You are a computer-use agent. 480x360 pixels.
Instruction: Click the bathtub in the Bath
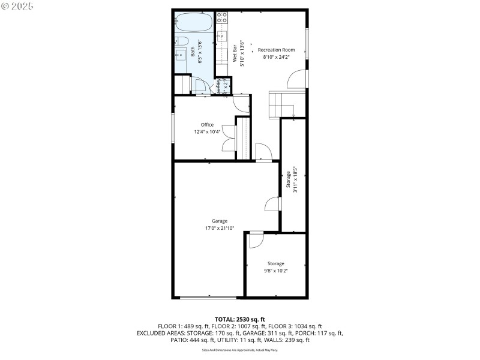(x=194, y=23)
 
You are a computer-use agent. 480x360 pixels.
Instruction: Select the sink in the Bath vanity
(x=181, y=55)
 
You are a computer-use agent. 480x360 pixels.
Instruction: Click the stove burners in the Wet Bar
(x=221, y=17)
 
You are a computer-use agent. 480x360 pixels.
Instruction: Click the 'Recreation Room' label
(x=275, y=50)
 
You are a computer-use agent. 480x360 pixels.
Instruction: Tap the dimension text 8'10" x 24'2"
(x=275, y=57)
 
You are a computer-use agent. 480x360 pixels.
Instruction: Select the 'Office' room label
(x=207, y=125)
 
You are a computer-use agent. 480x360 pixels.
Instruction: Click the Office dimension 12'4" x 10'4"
(x=207, y=132)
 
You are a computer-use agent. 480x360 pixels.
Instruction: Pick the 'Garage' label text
(x=219, y=221)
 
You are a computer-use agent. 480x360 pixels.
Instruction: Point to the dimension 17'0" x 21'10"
(x=219, y=228)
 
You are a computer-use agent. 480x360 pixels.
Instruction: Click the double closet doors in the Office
(x=228, y=139)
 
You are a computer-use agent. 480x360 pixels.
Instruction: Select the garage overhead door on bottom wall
(x=208, y=296)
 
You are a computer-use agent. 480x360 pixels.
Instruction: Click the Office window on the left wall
(x=173, y=127)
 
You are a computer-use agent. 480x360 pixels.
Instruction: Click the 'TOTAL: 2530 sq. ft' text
(x=239, y=319)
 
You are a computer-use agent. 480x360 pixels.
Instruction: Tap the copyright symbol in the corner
(x=5, y=6)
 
